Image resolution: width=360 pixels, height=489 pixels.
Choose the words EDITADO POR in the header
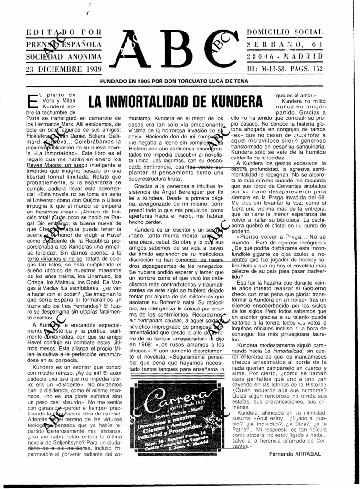(x=64, y=32)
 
